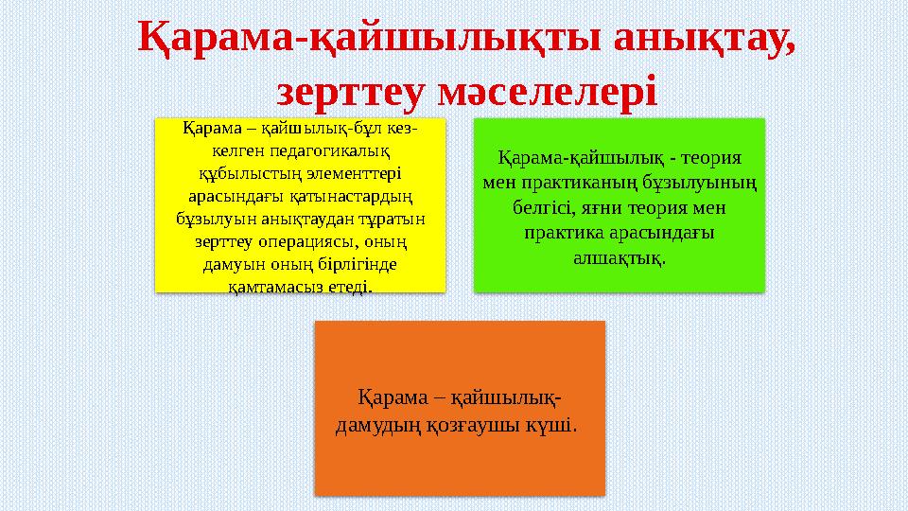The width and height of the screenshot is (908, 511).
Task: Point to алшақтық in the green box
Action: coord(617,256)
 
